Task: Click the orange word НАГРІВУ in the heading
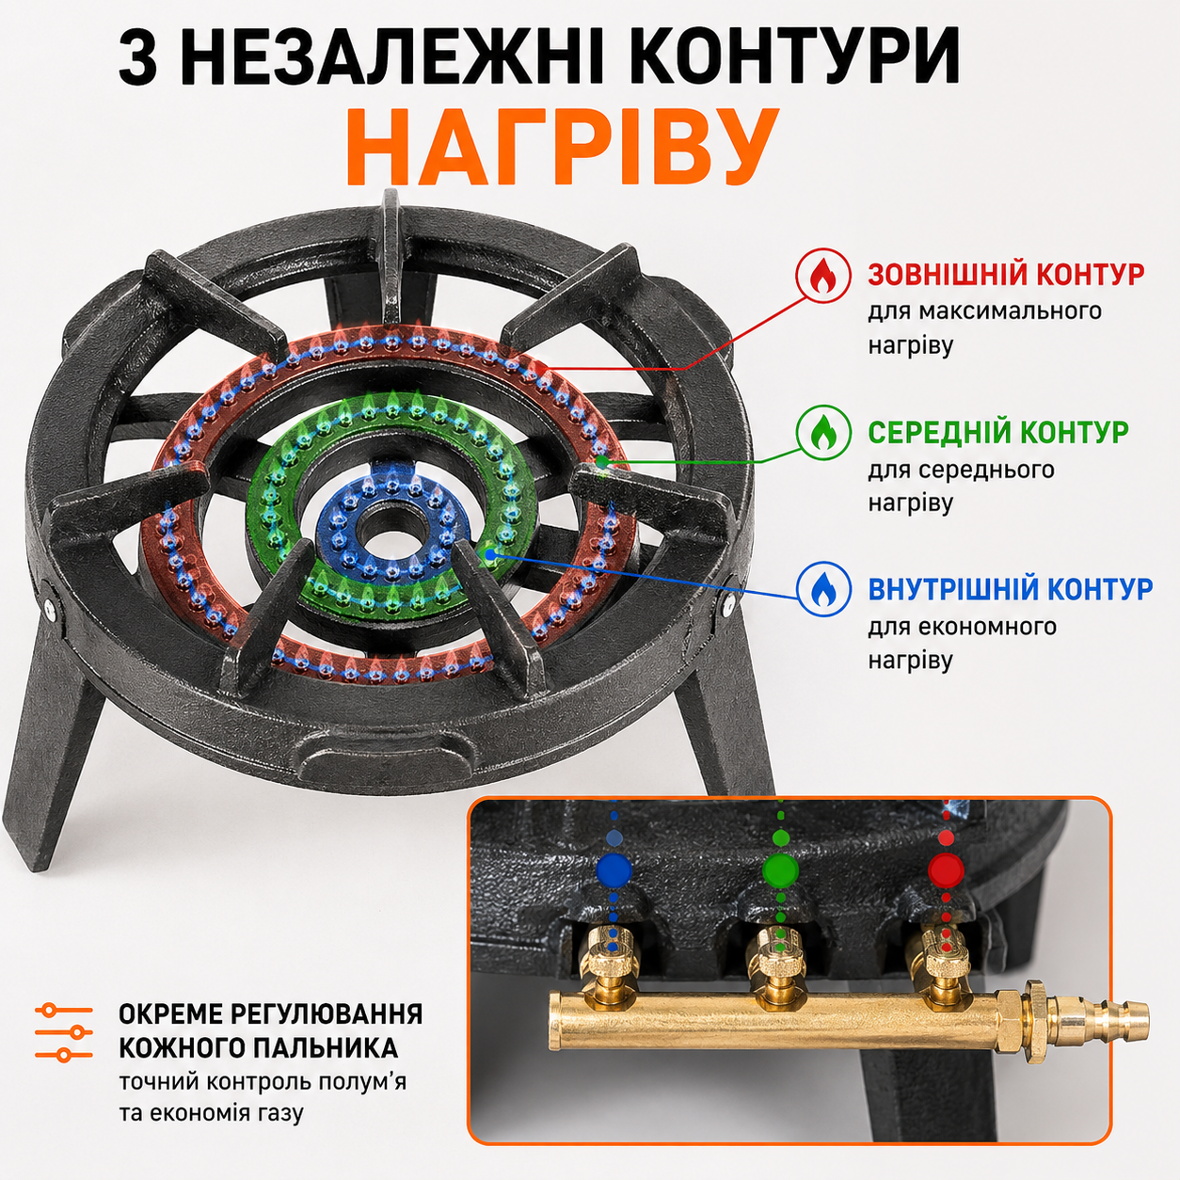(x=562, y=148)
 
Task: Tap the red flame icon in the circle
(x=823, y=276)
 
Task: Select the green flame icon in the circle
(x=823, y=432)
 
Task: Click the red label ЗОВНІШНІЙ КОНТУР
(x=1006, y=275)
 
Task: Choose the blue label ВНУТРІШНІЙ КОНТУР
(x=1011, y=588)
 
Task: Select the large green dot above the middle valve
(x=781, y=869)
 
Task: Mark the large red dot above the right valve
(x=946, y=869)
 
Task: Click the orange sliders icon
(x=64, y=1032)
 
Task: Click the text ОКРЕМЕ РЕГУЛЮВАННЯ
(x=271, y=1014)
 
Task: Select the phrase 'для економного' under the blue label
(x=962, y=628)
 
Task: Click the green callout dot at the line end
(x=603, y=460)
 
